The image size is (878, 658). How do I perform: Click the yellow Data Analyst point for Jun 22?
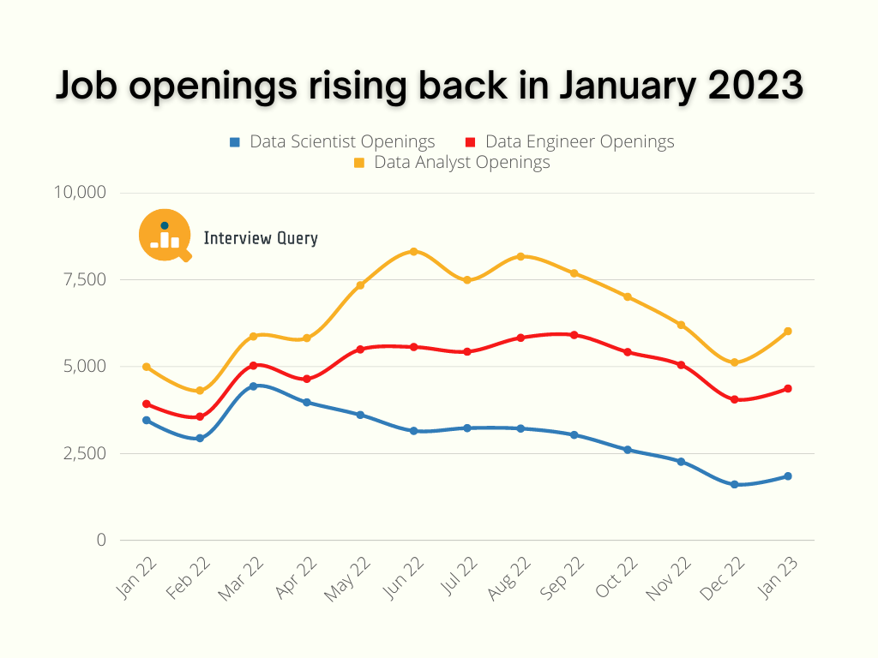[413, 251]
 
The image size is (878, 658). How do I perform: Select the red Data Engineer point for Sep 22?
[574, 335]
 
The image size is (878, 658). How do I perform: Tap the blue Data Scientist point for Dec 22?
[735, 485]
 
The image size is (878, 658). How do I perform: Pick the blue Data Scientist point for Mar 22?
[253, 386]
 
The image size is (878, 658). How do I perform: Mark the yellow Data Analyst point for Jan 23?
[788, 331]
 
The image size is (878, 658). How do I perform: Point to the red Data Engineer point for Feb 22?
[200, 417]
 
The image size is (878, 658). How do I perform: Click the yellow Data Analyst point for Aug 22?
[520, 256]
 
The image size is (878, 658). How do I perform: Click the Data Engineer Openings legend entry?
[569, 142]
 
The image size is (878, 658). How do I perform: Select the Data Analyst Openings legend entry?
[452, 162]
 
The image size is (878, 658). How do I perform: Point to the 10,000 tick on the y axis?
[80, 192]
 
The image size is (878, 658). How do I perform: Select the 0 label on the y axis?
[101, 540]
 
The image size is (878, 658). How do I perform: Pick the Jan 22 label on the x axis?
[134, 576]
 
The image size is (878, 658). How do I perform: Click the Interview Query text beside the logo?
[261, 239]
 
